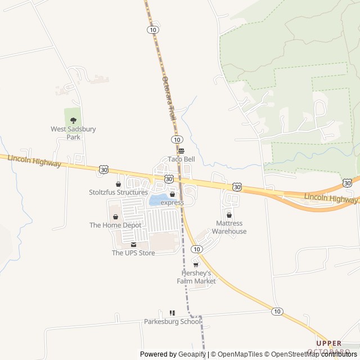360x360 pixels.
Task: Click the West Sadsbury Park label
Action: click(x=73, y=133)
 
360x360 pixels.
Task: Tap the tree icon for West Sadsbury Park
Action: click(x=73, y=120)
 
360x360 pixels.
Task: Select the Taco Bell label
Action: click(x=181, y=159)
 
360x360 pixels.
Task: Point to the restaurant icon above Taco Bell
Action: click(x=181, y=151)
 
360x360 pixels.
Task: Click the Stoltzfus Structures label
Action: click(x=118, y=192)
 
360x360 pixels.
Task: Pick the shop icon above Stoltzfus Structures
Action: click(x=118, y=184)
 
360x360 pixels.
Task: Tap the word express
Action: click(x=172, y=202)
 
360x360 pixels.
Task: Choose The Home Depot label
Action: click(x=115, y=225)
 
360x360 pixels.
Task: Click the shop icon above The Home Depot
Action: click(x=115, y=217)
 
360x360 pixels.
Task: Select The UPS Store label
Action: click(x=133, y=253)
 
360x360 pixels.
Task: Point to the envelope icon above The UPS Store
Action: click(x=133, y=244)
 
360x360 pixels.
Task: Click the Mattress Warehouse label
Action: click(x=229, y=227)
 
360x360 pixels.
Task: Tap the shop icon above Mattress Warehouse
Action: click(x=229, y=215)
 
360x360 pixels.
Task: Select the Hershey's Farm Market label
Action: click(x=196, y=277)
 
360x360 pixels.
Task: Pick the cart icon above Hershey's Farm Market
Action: click(x=196, y=264)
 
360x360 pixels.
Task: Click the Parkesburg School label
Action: click(x=172, y=322)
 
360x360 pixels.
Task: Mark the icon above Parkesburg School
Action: click(x=172, y=313)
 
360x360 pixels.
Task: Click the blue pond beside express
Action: click(x=156, y=200)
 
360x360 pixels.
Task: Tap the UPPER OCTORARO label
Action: click(x=328, y=347)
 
